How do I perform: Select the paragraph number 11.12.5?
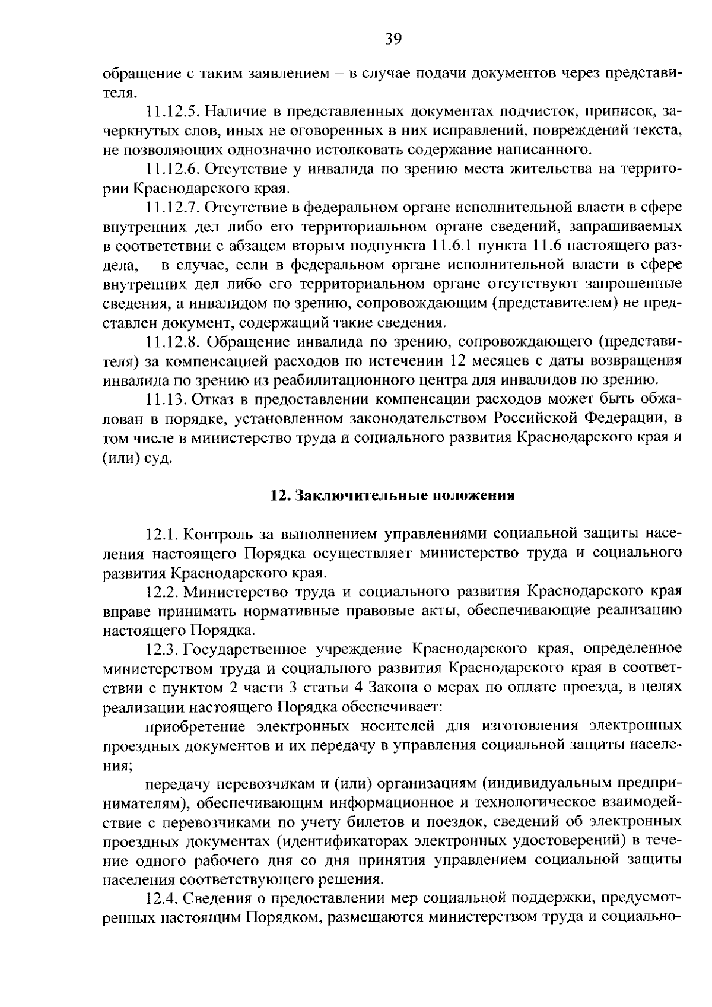click(174, 112)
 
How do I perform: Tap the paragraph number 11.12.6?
click(174, 170)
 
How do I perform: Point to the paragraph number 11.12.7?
click(174, 208)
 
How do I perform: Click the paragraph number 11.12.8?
click(174, 342)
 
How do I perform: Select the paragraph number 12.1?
click(162, 535)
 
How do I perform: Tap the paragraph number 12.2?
click(162, 592)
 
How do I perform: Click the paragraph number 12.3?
click(162, 649)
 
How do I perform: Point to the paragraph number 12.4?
click(162, 899)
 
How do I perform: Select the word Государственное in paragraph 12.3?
click(246, 649)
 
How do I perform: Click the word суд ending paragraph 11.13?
click(158, 458)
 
